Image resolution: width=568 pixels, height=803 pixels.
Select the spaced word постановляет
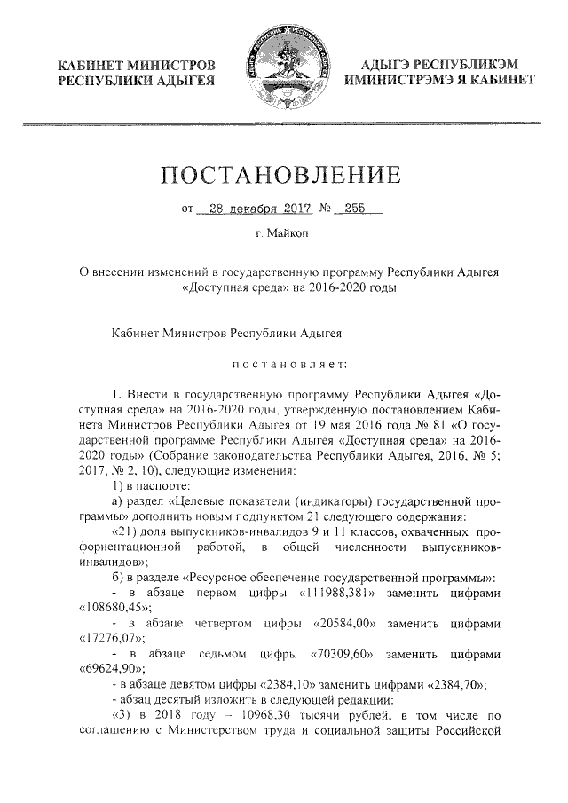(x=284, y=362)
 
